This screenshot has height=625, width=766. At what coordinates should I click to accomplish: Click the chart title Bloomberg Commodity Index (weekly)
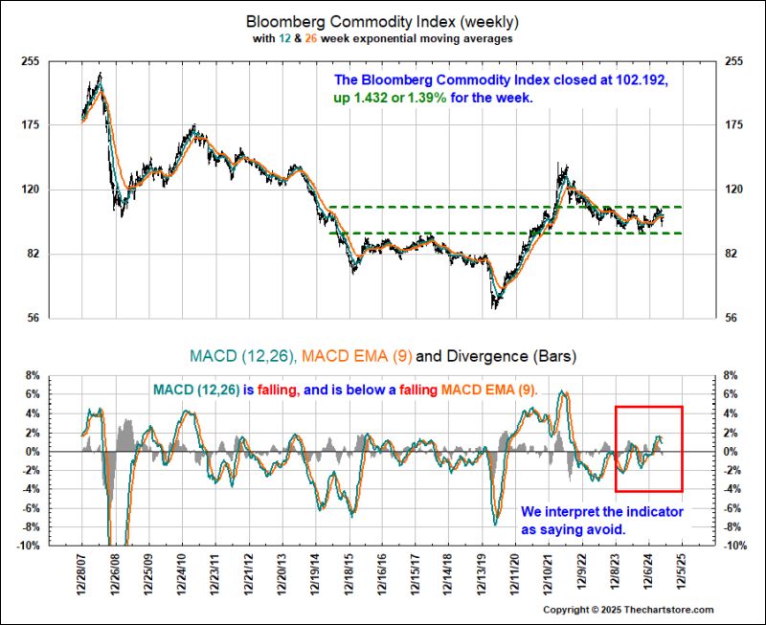pos(383,20)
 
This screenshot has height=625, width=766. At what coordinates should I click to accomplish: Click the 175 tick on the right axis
pos(735,124)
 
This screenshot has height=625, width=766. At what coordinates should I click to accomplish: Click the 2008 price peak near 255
pos(100,75)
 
